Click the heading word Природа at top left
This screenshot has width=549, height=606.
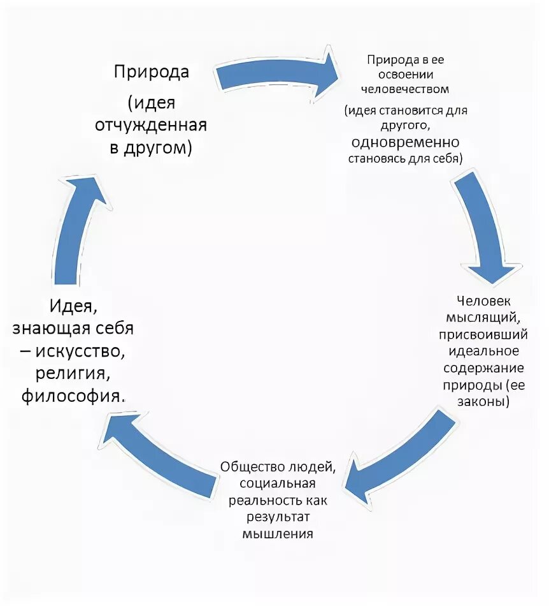(x=152, y=71)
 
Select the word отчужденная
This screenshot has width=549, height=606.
(x=151, y=124)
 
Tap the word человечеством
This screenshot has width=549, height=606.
(x=405, y=89)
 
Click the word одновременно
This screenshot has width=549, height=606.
(x=404, y=142)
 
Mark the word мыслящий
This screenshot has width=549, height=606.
(x=484, y=317)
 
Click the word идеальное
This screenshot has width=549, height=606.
(x=484, y=351)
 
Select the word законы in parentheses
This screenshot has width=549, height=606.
(x=482, y=403)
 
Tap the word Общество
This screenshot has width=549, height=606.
(x=253, y=466)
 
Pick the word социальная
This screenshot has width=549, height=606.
(x=278, y=483)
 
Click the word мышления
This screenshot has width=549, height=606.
(x=278, y=533)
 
